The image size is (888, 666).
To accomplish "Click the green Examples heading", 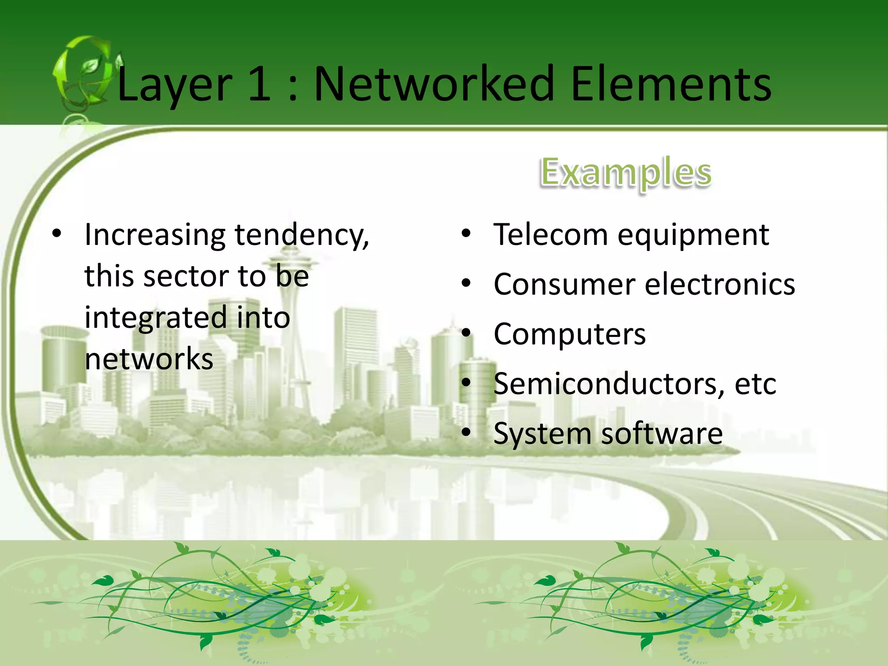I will coord(626,173).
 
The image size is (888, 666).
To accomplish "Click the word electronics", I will coord(720,285).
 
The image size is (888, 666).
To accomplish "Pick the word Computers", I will coord(569,335).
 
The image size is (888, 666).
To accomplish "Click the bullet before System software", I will coord(466,432).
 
